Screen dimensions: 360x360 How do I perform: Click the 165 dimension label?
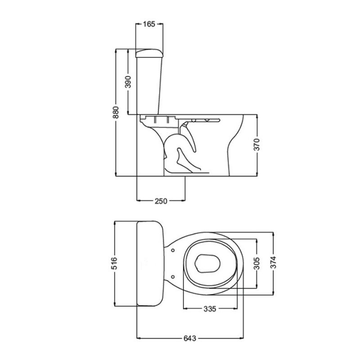click(x=149, y=24)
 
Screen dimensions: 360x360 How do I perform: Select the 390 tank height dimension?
click(x=128, y=82)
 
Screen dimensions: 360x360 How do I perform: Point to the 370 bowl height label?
click(x=256, y=144)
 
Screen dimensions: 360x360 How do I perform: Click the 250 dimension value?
click(x=161, y=201)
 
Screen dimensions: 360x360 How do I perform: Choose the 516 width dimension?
click(x=114, y=263)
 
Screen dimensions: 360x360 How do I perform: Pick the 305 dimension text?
click(x=256, y=263)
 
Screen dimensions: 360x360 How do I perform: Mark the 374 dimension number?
click(x=273, y=262)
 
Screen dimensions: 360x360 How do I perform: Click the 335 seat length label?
click(x=210, y=309)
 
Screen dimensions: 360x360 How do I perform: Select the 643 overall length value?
click(x=190, y=338)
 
